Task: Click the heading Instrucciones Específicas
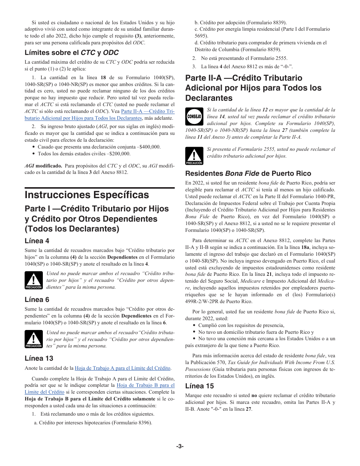pyautogui.click(x=87, y=195)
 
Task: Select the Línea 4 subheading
pyautogui.click(x=37, y=241)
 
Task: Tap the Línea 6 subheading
pyautogui.click(x=37, y=300)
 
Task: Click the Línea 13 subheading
pyautogui.click(x=39, y=358)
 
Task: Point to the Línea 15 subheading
pyautogui.click(x=199, y=386)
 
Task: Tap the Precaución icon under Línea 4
pyautogui.click(x=33, y=281)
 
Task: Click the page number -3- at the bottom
pyautogui.click(x=180, y=446)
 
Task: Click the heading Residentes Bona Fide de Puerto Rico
pyautogui.click(x=248, y=174)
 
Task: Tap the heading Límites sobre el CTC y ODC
pyautogui.click(x=72, y=53)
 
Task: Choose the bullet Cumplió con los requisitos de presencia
pyautogui.click(x=241, y=325)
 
